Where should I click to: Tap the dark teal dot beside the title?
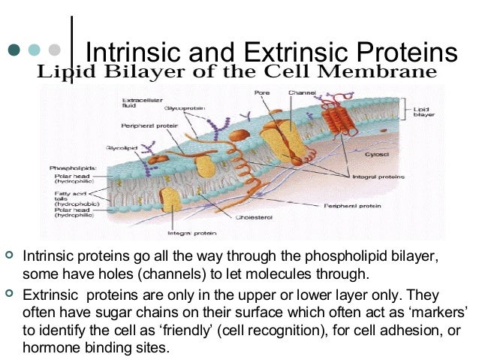(14, 50)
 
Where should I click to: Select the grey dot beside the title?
(53, 50)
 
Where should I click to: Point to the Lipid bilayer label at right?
(422, 113)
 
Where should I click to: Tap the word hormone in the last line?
(50, 348)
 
